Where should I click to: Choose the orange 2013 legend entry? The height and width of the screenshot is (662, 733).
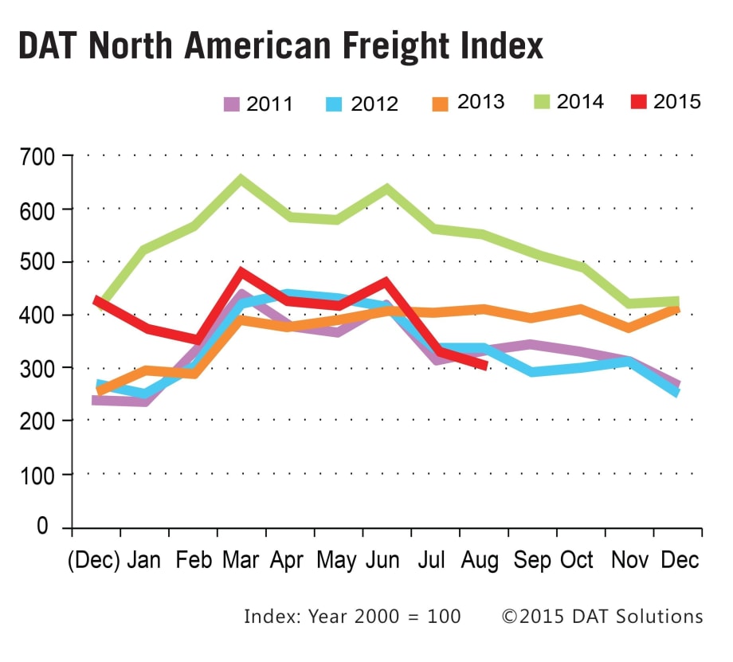click(470, 103)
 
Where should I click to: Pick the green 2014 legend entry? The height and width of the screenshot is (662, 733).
click(570, 102)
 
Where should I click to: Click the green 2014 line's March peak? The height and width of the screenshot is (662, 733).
click(241, 178)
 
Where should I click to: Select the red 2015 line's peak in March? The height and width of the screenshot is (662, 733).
click(241, 272)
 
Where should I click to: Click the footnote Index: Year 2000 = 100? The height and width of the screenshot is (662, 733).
click(352, 617)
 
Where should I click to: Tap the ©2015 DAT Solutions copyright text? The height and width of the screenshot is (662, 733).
click(602, 617)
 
